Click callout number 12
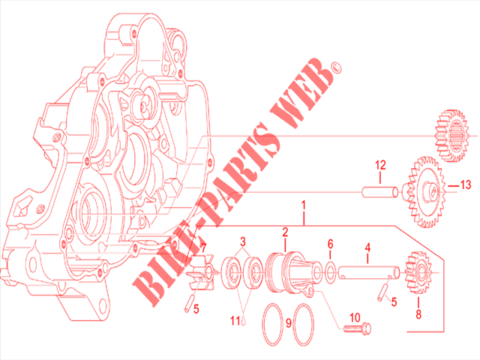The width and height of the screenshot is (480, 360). coord(380,165)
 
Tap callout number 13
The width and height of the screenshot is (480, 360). coord(466,184)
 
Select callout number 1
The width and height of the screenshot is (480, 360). coord(304,205)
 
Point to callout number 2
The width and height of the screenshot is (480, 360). coord(285,232)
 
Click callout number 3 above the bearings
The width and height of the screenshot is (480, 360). coord(243,241)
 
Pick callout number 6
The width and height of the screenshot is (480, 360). coord(330,244)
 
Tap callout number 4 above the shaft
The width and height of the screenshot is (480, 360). coord(367,247)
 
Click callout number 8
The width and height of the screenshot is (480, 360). coord(418,314)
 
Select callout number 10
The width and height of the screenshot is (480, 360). coord(355,318)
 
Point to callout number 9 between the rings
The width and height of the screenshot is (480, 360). coord(288,323)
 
